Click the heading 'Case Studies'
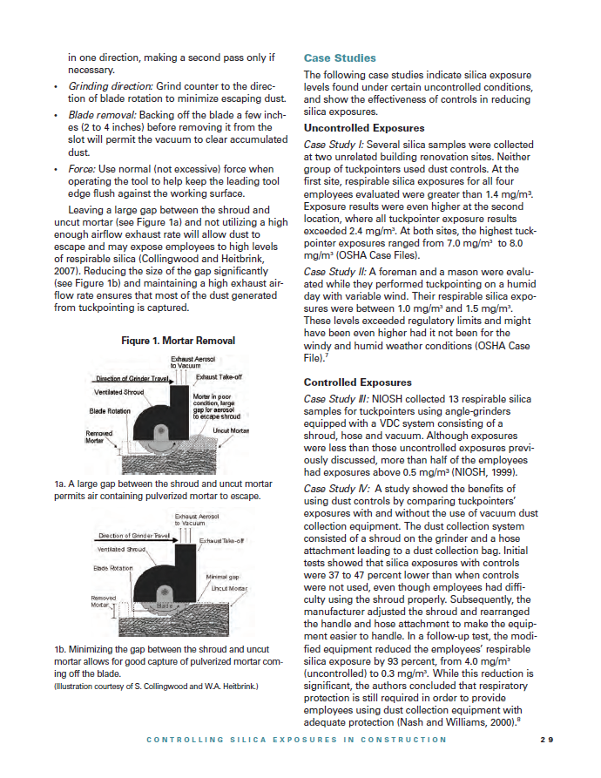[x=340, y=58]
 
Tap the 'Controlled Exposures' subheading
[x=355, y=382]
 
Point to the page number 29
[x=547, y=740]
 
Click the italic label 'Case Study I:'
[x=332, y=143]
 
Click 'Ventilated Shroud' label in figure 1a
[x=119, y=392]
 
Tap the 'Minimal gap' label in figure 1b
[x=222, y=577]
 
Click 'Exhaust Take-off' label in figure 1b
[x=222, y=540]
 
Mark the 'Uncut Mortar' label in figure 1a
[x=231, y=431]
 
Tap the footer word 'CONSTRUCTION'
[x=405, y=740]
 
